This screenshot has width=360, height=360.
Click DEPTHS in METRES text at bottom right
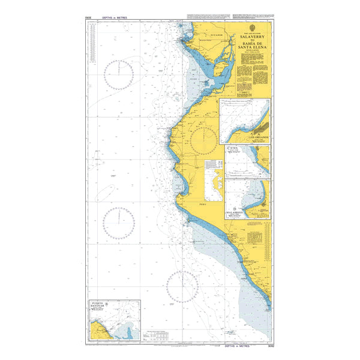240,347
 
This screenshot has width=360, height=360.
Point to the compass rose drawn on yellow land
204,140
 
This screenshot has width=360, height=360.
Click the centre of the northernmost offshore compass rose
118,74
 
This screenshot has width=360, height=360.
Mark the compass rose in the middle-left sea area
118,221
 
